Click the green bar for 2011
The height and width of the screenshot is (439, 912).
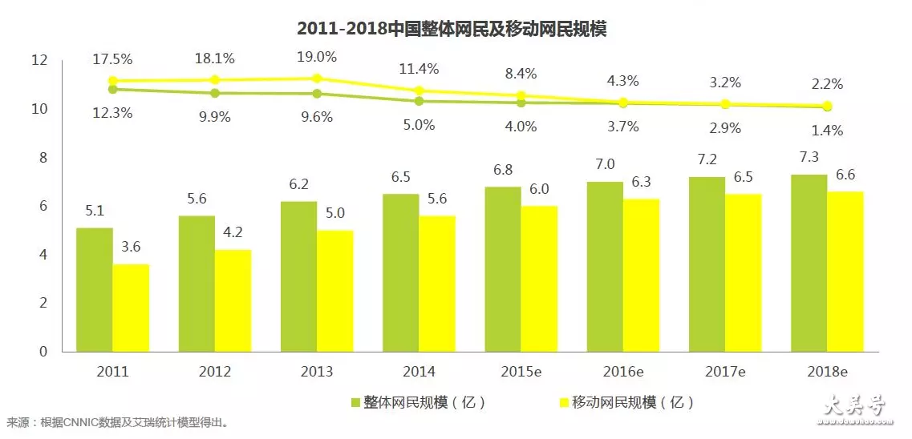point(95,290)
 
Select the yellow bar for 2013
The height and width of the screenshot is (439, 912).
point(334,291)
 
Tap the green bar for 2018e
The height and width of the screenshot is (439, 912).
point(809,263)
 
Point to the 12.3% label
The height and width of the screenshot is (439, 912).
point(112,114)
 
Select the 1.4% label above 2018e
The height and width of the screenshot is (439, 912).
point(828,130)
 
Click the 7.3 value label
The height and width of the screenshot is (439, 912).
point(809,163)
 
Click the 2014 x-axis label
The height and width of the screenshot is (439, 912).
point(420,372)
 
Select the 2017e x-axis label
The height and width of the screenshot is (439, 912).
point(726,372)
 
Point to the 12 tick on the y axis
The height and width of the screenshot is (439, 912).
point(40,60)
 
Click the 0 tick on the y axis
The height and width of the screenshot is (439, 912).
point(44,352)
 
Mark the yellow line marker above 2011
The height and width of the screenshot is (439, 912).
point(113,81)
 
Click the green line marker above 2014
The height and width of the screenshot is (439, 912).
point(419,102)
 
